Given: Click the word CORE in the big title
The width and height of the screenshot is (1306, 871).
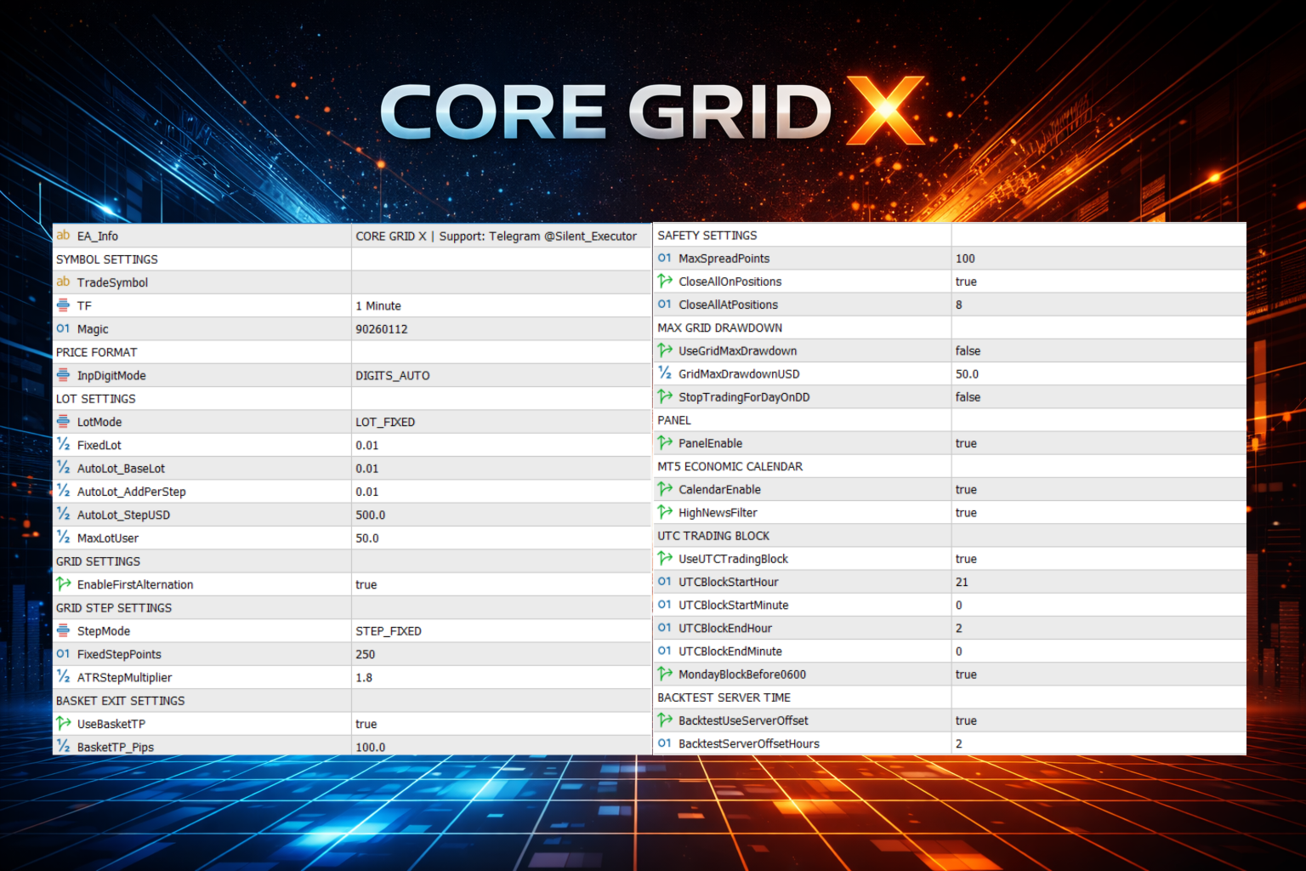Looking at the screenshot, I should [x=493, y=112].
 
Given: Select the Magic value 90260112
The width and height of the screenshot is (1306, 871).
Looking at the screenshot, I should [x=382, y=329].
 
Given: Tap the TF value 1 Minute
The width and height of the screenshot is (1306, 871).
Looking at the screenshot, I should [x=378, y=306].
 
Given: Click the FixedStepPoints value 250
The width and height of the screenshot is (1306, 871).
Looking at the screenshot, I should [x=366, y=654].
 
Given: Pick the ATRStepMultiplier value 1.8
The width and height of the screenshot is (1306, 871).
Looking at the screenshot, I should [x=364, y=678].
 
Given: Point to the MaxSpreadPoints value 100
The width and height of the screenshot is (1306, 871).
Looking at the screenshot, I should [x=965, y=259].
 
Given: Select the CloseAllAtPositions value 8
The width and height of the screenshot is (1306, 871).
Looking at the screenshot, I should [x=959, y=305].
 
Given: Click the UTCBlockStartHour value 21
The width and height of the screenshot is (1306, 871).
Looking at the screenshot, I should [x=962, y=582].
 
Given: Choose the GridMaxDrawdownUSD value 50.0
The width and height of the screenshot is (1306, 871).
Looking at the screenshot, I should [x=967, y=374].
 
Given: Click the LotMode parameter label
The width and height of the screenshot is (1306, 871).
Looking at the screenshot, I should [x=99, y=422].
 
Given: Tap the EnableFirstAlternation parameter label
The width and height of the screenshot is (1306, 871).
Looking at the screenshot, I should [x=135, y=584].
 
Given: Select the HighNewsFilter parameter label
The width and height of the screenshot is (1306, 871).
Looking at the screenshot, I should [x=718, y=513].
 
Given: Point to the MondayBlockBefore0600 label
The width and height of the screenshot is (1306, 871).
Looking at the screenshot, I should [x=742, y=675].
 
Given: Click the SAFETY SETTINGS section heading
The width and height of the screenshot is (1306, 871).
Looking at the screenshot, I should [x=707, y=236].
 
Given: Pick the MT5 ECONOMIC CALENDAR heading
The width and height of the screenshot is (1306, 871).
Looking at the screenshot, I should [x=730, y=466].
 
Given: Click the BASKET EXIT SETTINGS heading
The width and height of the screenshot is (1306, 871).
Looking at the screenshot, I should [x=121, y=701].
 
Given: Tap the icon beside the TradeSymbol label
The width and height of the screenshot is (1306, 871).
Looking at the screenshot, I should [x=63, y=282].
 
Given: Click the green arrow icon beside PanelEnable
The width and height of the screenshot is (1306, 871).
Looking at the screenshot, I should [x=665, y=443].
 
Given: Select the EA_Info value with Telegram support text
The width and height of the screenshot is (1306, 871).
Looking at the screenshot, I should [x=497, y=236].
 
